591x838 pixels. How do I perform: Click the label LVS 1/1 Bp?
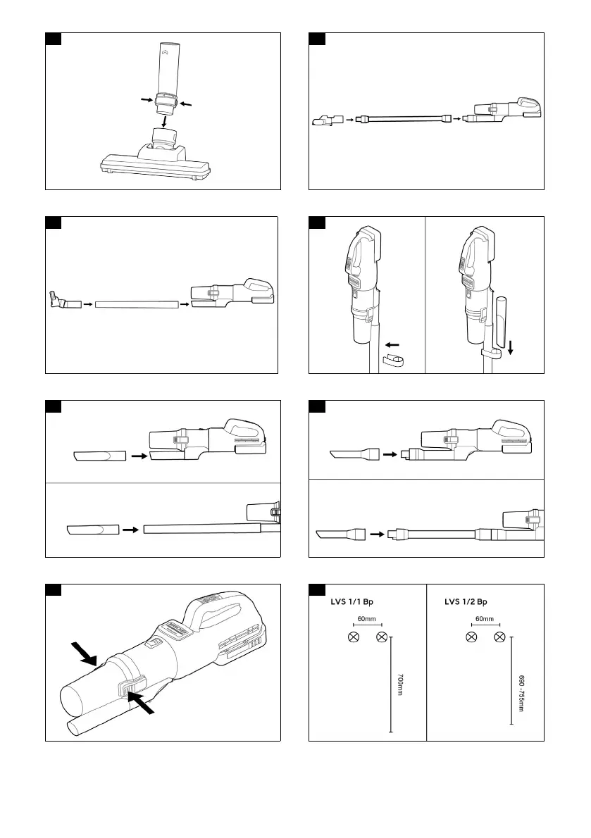pos(352,602)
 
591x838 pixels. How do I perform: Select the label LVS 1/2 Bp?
pos(467,602)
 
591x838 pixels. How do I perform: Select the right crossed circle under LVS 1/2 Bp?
pos(500,637)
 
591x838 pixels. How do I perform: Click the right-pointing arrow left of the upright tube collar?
pos(147,101)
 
